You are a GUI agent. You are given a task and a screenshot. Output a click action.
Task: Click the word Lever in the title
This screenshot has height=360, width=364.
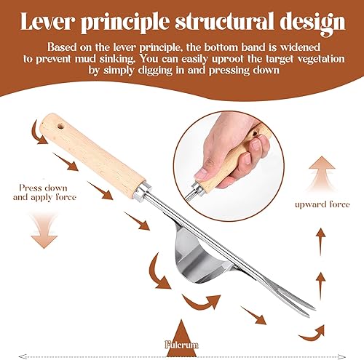(47, 21)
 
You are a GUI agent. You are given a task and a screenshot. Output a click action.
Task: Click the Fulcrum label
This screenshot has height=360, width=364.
(181, 345)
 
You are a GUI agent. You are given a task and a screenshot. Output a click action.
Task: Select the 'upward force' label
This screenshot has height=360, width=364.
(323, 204)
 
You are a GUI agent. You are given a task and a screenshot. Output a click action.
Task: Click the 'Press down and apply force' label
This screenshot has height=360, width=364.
(44, 192)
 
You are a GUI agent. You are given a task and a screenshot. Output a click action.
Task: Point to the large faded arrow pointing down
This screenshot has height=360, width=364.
(44, 230)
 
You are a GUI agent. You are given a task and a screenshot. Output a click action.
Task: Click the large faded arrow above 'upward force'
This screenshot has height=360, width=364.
(322, 173)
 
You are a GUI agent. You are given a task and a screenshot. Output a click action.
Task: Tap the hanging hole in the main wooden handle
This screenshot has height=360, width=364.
(60, 126)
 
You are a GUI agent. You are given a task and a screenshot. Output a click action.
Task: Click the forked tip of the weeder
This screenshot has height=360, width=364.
(311, 311)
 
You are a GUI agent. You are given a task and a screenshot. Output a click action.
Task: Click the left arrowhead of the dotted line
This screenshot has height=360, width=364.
(23, 356)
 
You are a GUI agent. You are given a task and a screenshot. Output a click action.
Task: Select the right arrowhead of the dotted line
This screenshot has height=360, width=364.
(342, 356)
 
